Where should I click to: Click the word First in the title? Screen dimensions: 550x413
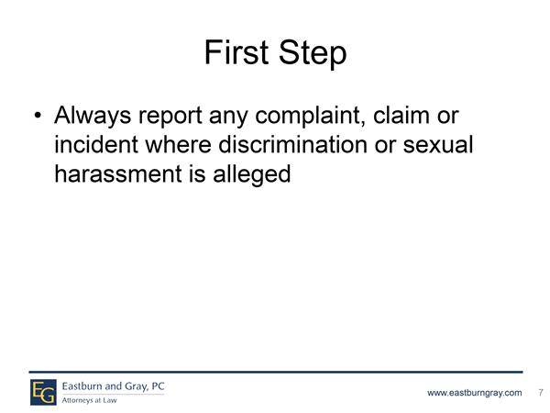coord(236,51)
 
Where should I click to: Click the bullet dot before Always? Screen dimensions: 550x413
coord(38,116)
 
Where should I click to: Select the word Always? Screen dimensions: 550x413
coord(93,116)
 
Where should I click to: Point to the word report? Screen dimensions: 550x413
coord(170,117)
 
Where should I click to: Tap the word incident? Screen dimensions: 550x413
coord(96,144)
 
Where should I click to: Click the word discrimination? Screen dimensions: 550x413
coord(292,144)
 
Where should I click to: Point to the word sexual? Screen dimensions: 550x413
coord(438,144)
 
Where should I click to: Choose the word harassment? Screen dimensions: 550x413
coord(118,173)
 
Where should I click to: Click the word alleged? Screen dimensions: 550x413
coord(251,174)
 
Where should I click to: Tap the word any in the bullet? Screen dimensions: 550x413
coord(228,118)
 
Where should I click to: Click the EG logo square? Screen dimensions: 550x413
coord(43,392)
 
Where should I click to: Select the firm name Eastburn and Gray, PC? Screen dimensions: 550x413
coord(113,386)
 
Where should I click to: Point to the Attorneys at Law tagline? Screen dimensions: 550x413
coord(89,400)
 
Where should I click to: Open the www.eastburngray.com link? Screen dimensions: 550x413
coord(474,393)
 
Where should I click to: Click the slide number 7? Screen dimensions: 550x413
coord(541,392)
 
